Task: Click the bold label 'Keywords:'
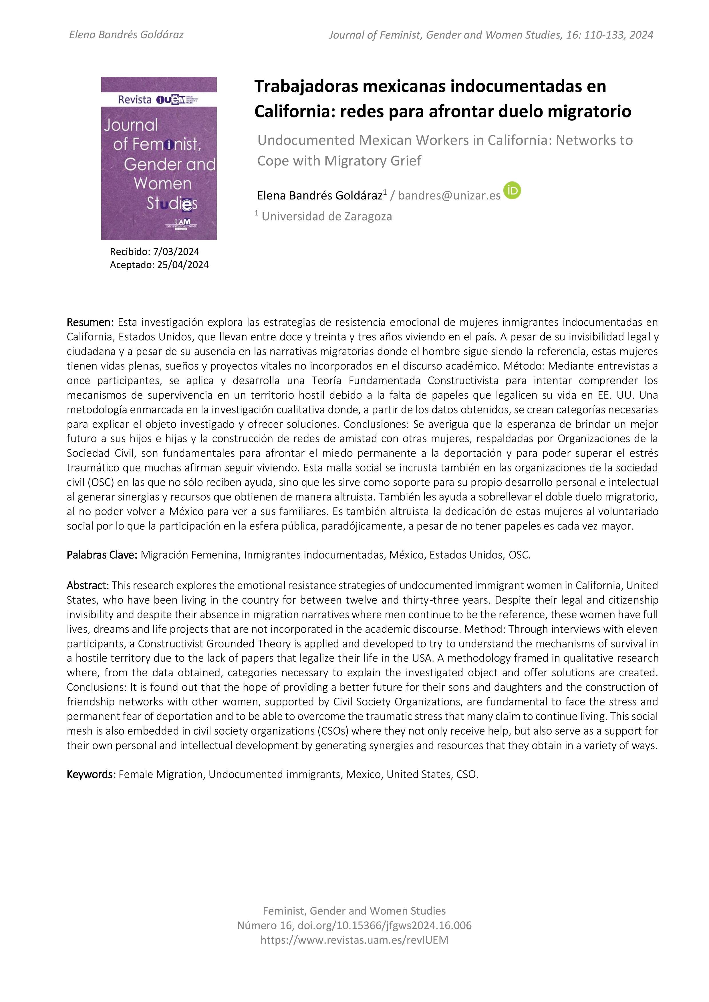click(91, 774)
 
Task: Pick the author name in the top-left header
click(126, 35)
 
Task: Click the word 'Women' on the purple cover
click(162, 184)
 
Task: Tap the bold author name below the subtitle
click(320, 195)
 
